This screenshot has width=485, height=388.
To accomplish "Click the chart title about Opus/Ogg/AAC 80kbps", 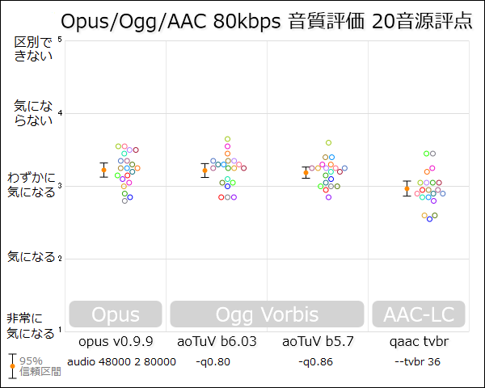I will click(x=267, y=21).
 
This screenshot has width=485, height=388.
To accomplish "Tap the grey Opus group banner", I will click(x=116, y=314).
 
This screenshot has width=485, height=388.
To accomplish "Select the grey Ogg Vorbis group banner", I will click(x=267, y=314).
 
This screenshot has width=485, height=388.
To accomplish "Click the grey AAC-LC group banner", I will click(x=419, y=314).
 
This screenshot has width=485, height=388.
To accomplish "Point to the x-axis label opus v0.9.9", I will click(x=116, y=342).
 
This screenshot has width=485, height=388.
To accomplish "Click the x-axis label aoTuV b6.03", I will click(x=217, y=342).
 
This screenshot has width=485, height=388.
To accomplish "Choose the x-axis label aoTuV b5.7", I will click(x=318, y=342).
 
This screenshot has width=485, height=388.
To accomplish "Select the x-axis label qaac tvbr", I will click(x=419, y=342).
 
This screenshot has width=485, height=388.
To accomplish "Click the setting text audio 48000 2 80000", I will click(x=121, y=362).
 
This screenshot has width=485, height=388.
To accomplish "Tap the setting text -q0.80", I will click(x=213, y=362).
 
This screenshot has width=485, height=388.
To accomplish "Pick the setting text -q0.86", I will click(x=315, y=362).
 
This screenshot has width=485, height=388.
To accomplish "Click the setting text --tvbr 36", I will click(x=417, y=362).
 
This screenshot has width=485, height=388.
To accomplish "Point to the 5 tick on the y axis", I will click(x=60, y=40).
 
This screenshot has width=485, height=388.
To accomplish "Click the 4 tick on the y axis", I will click(x=60, y=113).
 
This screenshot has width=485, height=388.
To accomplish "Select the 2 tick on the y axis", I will click(x=60, y=259).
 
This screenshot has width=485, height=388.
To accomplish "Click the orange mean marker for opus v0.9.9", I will click(x=103, y=170).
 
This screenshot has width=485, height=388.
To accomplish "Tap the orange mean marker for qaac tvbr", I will click(x=407, y=188).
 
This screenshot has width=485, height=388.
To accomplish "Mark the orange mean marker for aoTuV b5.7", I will click(x=306, y=172).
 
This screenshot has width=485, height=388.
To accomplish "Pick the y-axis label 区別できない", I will click(x=32, y=48).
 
